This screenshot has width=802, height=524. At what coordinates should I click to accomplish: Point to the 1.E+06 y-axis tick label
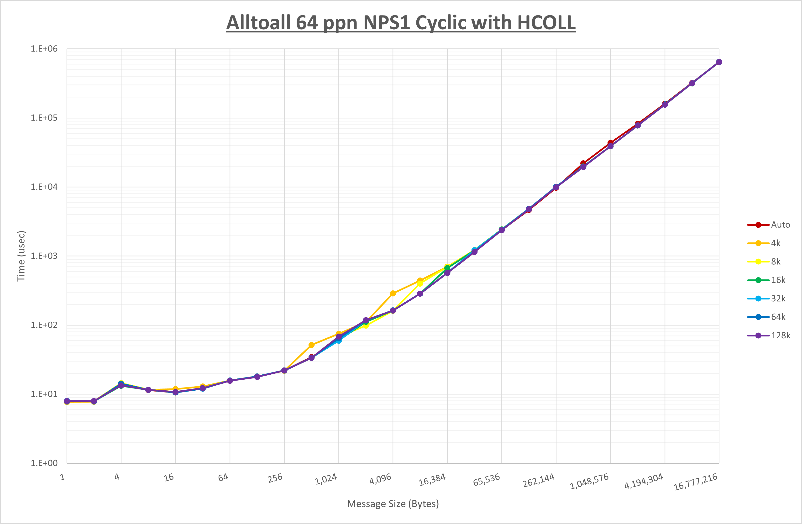[x=44, y=49]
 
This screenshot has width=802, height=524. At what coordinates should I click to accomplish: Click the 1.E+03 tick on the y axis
[x=44, y=256]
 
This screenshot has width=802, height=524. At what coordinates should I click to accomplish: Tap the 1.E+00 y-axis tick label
[x=44, y=463]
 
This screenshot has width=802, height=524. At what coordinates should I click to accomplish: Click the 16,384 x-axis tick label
[x=432, y=480]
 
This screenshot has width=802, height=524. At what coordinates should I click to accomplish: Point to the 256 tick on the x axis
[x=275, y=478]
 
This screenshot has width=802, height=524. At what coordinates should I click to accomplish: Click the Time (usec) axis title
[x=21, y=256]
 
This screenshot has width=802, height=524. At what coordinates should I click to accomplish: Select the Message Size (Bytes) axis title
[x=393, y=504]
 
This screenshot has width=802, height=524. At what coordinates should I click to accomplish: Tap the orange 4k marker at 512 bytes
[x=311, y=345]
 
